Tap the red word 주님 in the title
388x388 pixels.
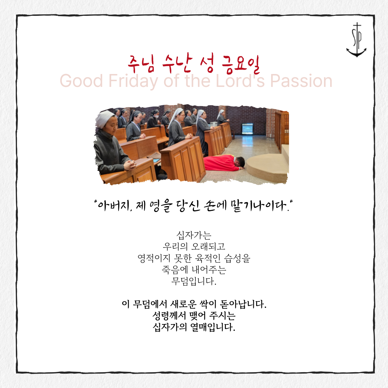[141, 64]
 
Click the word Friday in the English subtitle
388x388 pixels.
[133, 81]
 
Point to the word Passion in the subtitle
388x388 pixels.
[301, 81]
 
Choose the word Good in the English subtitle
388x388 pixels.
[82, 81]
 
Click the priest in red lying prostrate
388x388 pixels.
[224, 163]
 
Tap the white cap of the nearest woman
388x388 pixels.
[105, 119]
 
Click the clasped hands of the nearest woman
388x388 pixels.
[130, 165]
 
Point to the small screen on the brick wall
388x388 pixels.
[247, 129]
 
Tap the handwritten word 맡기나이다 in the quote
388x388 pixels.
[259, 205]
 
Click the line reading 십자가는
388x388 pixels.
[194, 235]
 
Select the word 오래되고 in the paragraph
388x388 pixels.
[208, 246]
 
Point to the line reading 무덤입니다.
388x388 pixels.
[194, 281]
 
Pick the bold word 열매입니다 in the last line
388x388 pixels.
[213, 327]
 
